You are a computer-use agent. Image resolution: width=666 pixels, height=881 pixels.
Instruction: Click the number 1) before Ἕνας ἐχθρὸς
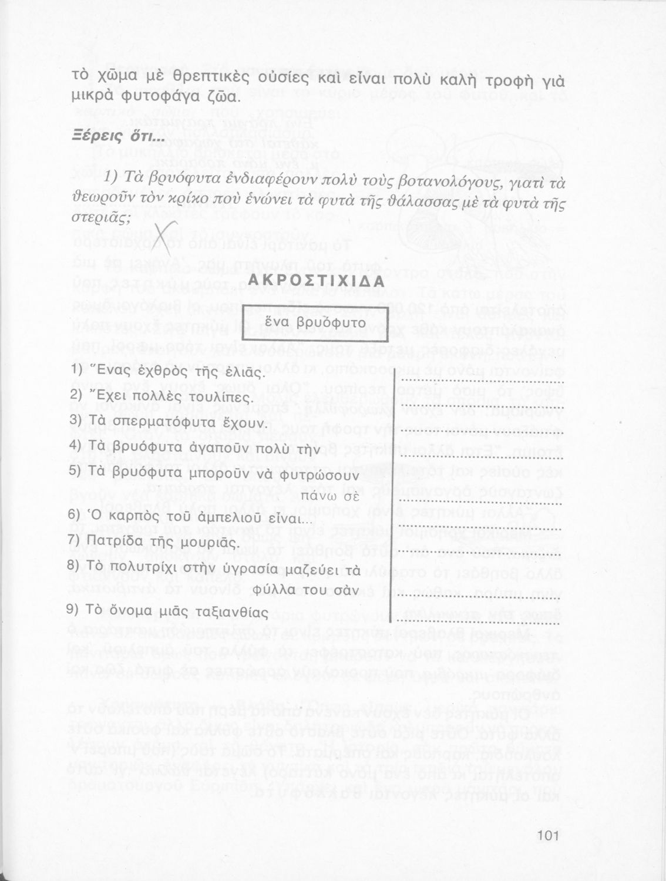[76, 372]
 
